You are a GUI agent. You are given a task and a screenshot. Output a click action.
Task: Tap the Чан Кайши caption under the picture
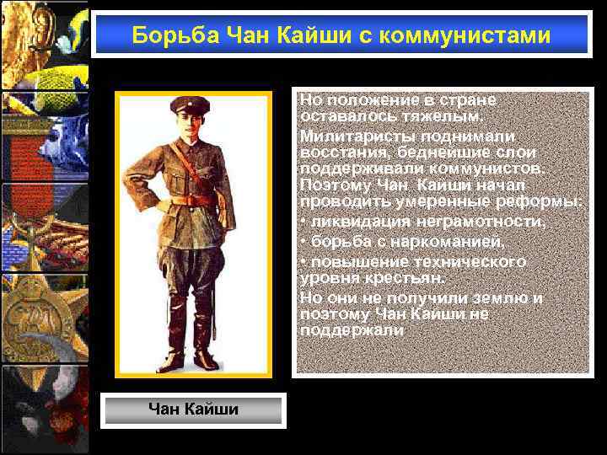[193, 409]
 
